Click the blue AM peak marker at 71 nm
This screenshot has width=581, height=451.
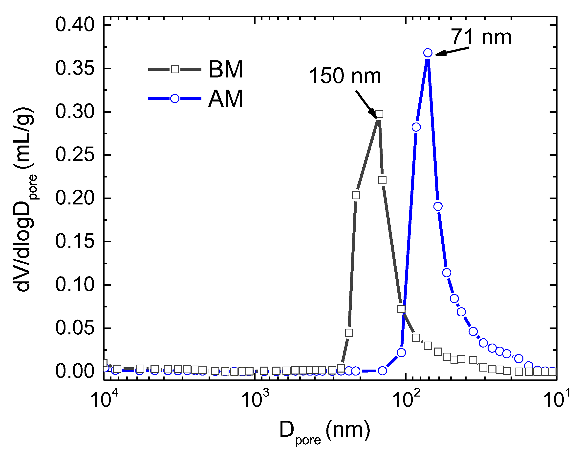click(x=428, y=53)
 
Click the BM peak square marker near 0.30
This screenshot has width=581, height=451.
click(x=380, y=114)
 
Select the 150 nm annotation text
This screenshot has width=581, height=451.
click(x=345, y=76)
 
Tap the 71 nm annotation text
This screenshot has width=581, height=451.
click(x=481, y=37)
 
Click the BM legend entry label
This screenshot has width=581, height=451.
click(x=226, y=70)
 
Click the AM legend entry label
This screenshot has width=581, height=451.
click(x=226, y=99)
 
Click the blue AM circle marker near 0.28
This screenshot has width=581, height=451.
click(x=416, y=127)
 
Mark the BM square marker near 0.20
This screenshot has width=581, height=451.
click(x=356, y=195)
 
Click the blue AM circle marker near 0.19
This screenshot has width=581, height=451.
click(x=438, y=206)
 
